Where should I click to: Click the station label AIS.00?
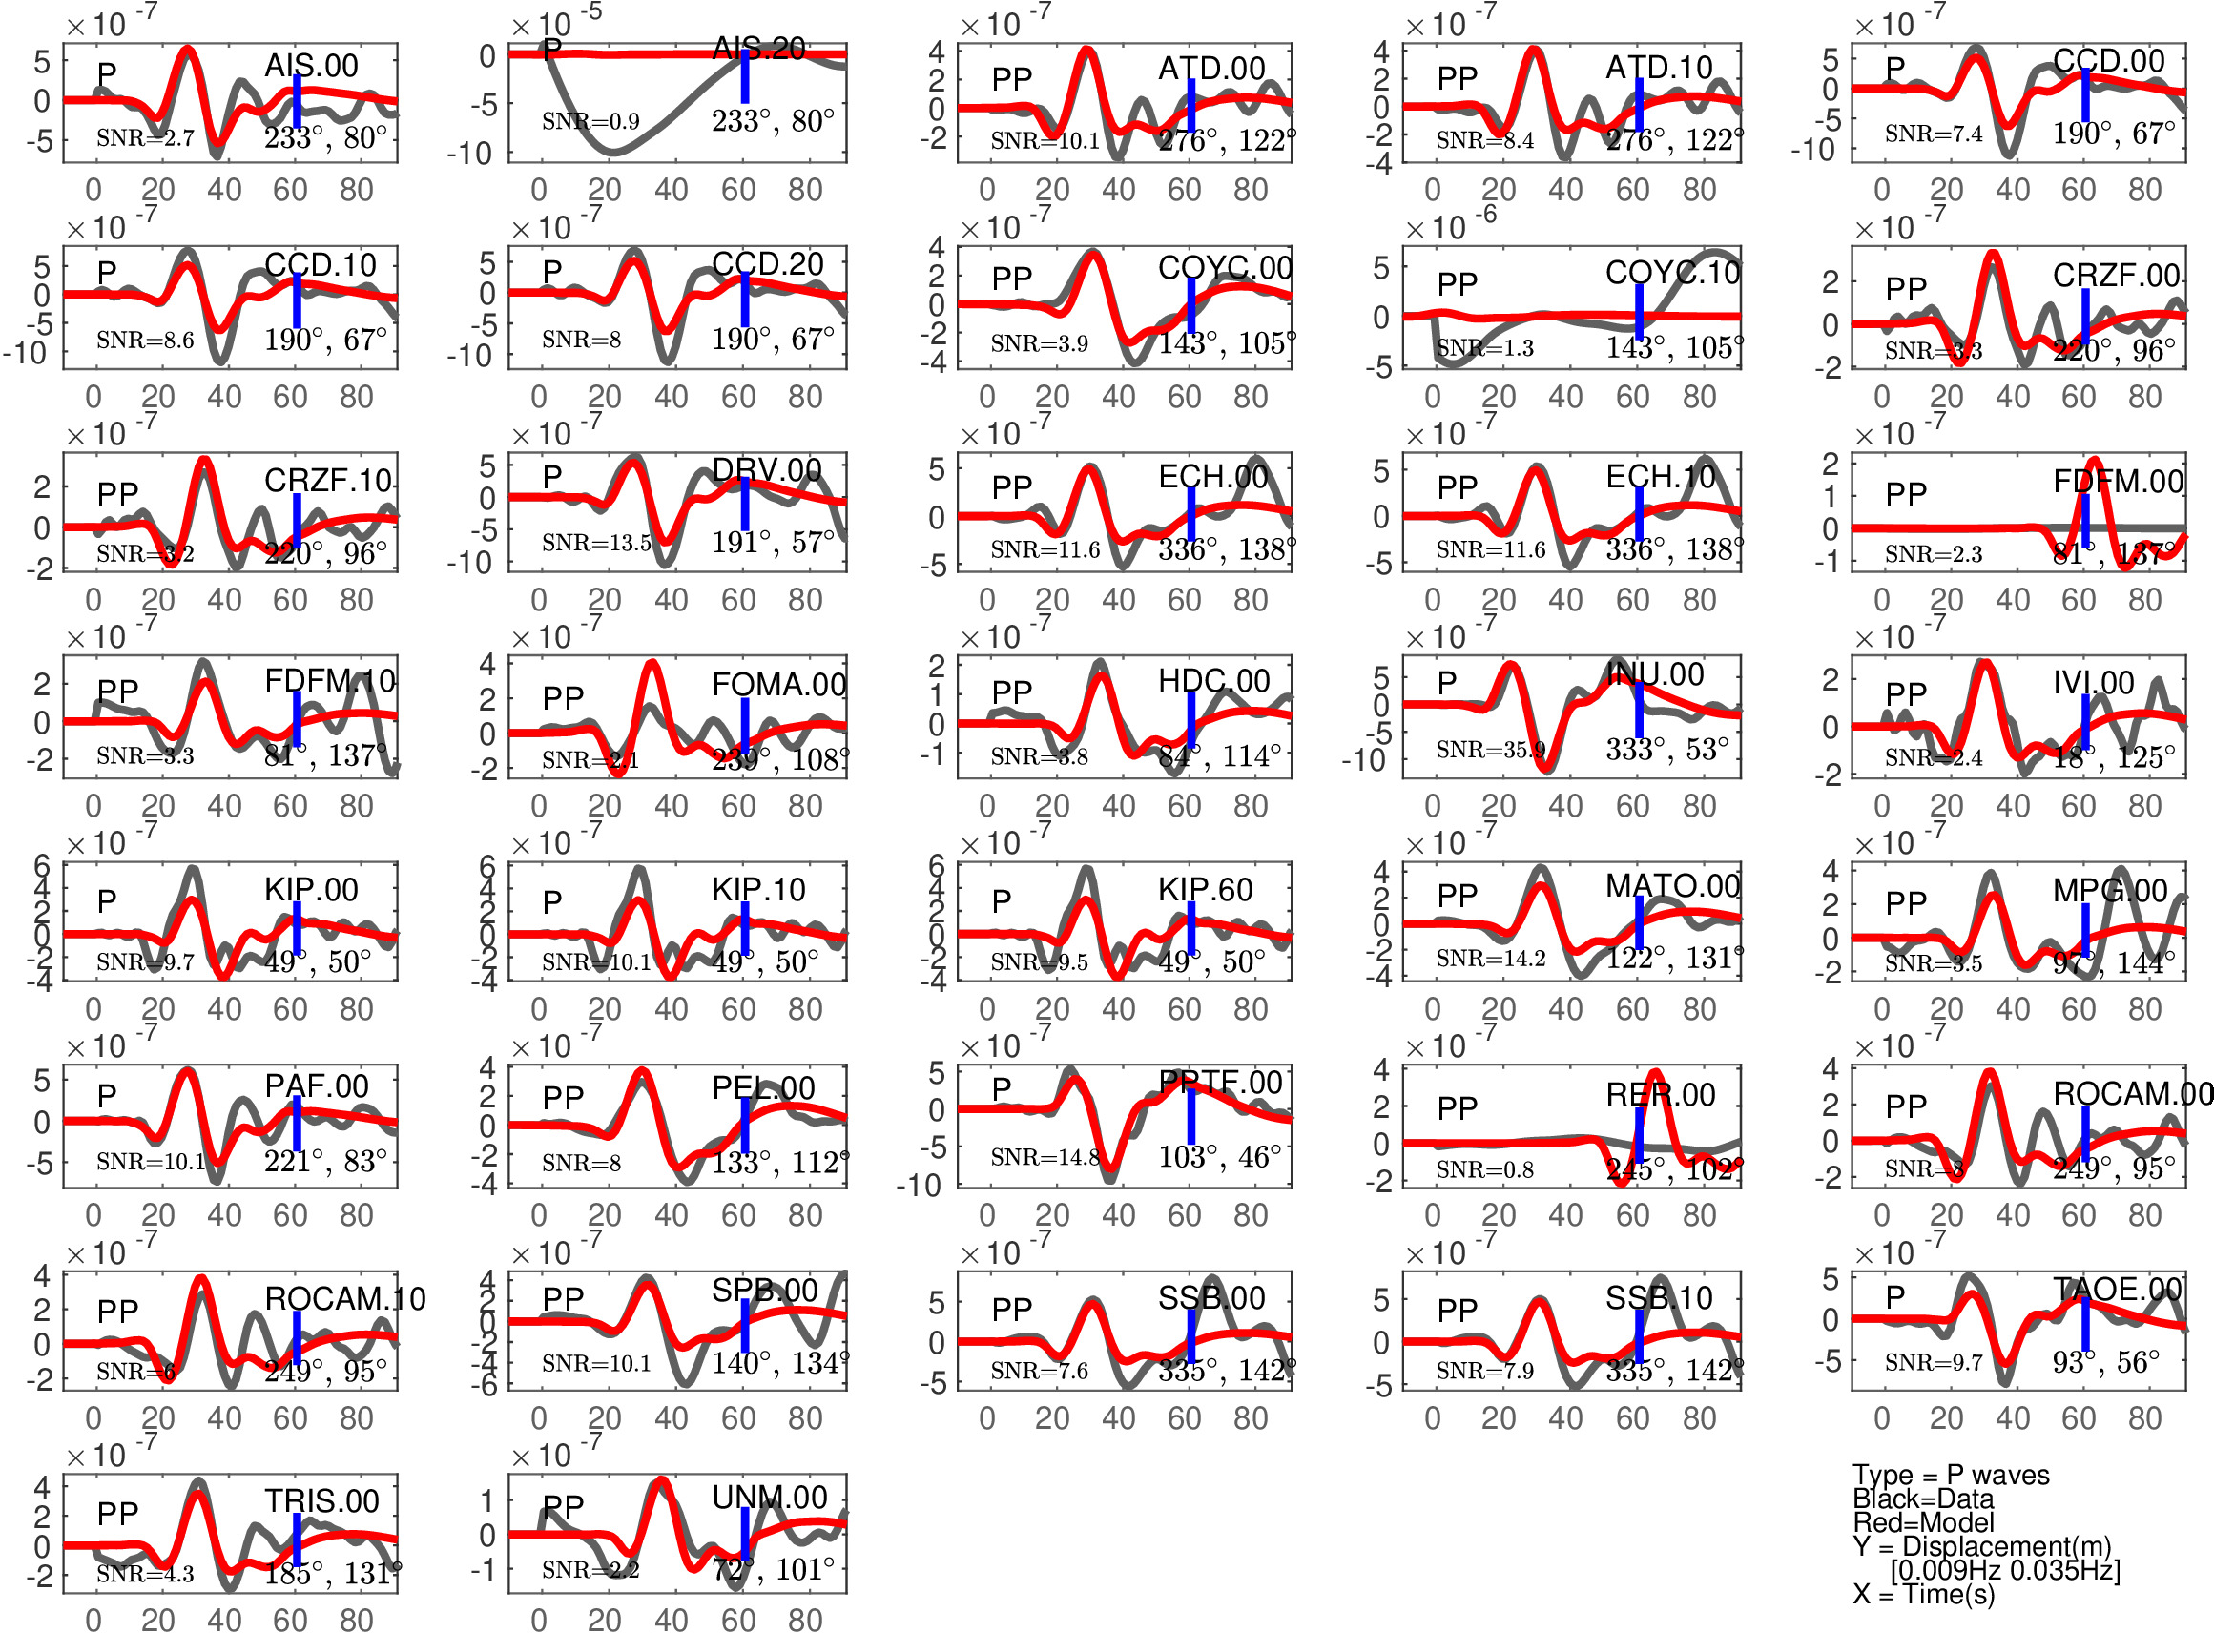click(310, 66)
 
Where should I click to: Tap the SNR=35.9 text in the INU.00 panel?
click(1489, 751)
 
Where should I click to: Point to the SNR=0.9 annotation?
click(590, 121)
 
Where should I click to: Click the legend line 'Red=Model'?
click(1922, 1522)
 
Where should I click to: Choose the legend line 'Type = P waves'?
click(1950, 1475)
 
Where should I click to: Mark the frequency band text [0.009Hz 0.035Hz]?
click(2004, 1570)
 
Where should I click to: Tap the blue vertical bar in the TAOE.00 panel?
click(2084, 1324)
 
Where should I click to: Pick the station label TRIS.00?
click(321, 1500)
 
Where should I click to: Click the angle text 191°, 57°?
click(772, 543)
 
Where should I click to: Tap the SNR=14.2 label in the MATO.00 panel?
click(1489, 958)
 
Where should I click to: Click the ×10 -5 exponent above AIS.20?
click(556, 22)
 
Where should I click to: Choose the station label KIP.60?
click(1205, 890)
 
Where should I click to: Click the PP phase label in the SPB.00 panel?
click(564, 1299)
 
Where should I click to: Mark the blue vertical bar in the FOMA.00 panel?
click(744, 724)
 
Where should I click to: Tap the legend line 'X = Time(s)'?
click(1923, 1595)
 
